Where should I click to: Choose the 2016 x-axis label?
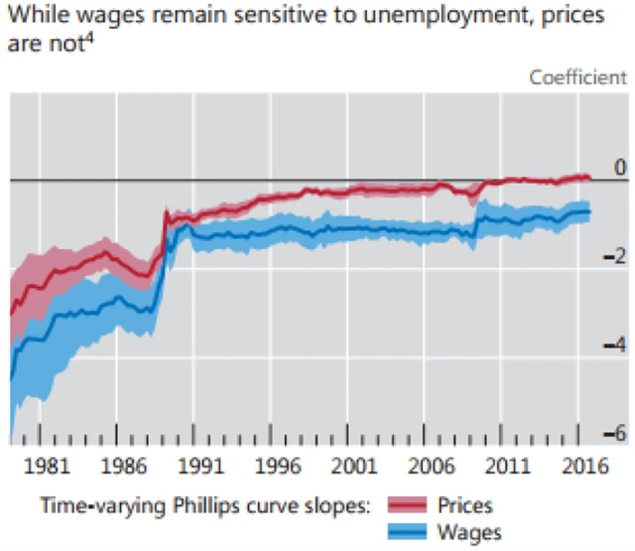tap(587, 467)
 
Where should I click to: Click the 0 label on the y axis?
tap(620, 168)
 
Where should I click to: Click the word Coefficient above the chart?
tap(577, 77)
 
